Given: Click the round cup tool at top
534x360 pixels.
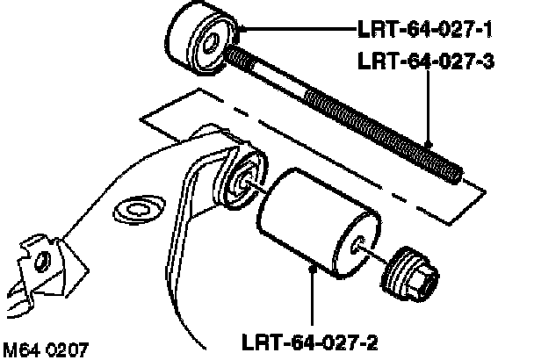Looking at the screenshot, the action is point(201,40).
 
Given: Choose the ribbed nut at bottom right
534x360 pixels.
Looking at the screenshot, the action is point(413,272).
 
